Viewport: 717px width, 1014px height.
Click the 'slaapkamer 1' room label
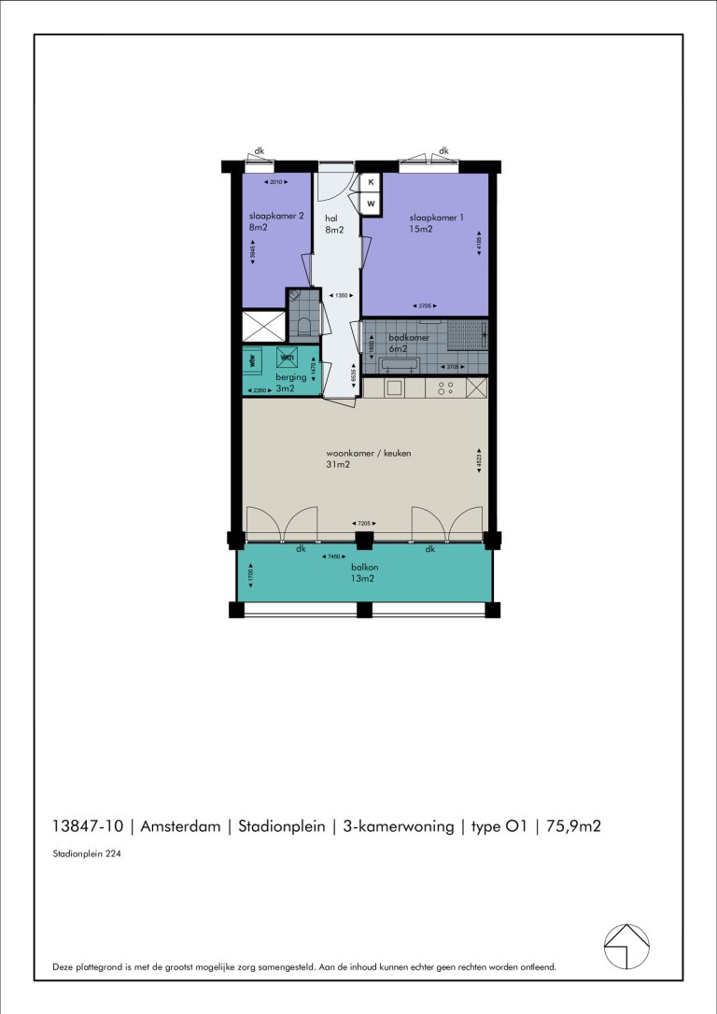436,218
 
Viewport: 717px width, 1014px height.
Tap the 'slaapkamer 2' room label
270,216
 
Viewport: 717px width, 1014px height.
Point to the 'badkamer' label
409,338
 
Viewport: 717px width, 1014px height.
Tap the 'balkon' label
364,567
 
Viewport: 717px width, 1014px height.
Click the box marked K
371,182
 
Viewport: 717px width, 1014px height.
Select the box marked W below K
371,203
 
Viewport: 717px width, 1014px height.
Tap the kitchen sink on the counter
393,387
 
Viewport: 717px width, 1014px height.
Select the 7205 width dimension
361,524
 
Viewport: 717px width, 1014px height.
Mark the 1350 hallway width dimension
341,296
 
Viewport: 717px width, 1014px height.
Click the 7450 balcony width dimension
330,557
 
